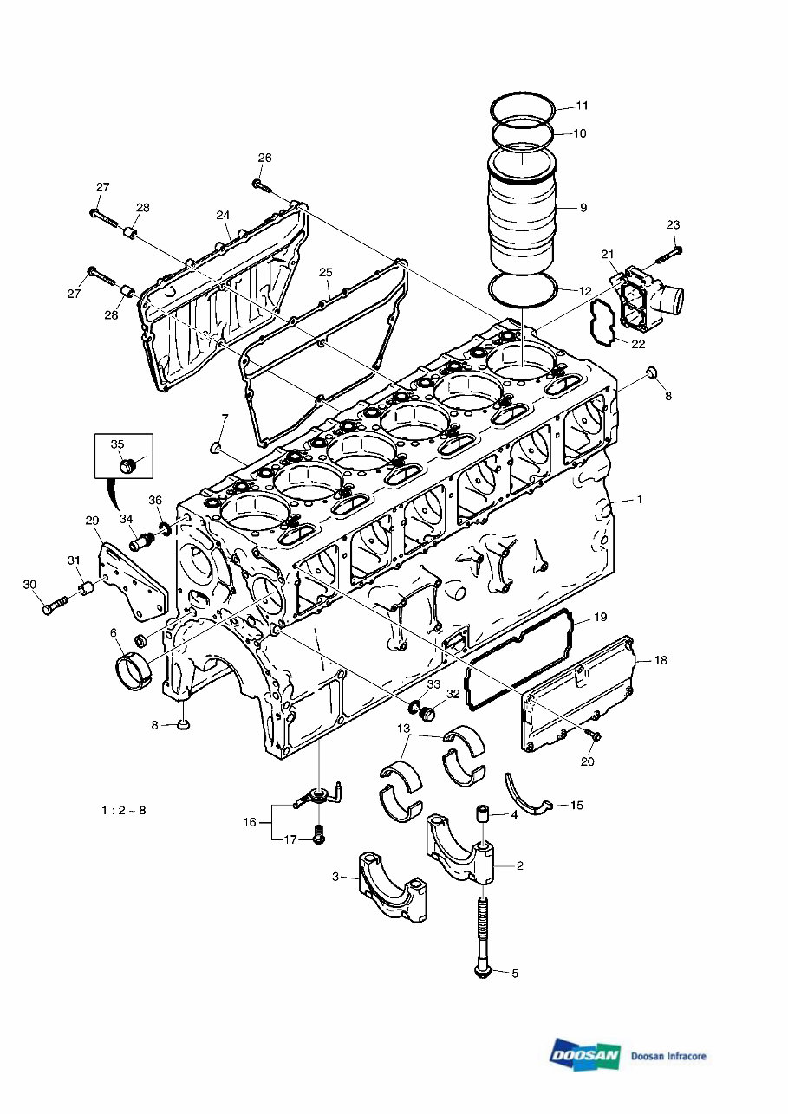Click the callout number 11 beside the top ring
pyautogui.click(x=583, y=106)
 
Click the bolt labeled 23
pyautogui.click(x=666, y=254)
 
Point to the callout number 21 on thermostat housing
pyautogui.click(x=608, y=254)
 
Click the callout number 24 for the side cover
pyautogui.click(x=223, y=215)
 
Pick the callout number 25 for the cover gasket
pyautogui.click(x=325, y=272)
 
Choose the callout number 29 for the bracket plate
pyautogui.click(x=92, y=520)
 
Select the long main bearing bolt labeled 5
pyautogui.click(x=482, y=936)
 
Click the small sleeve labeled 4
pyautogui.click(x=483, y=816)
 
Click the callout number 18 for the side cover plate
pyautogui.click(x=661, y=660)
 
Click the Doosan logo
pyautogui.click(x=585, y=1054)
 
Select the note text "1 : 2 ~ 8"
pyautogui.click(x=123, y=811)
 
